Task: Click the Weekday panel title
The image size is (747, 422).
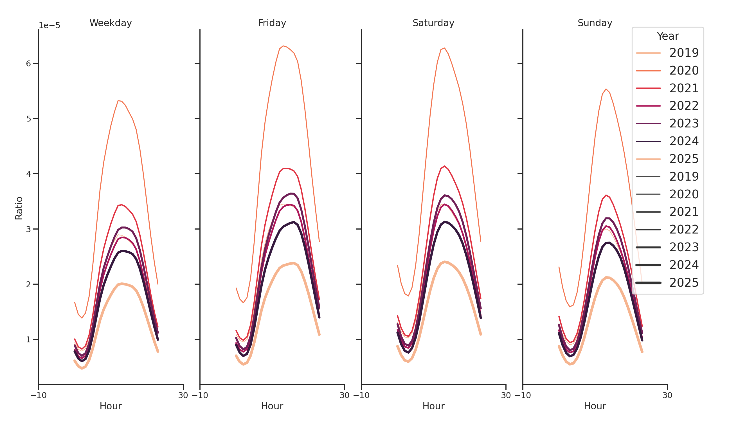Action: point(111,23)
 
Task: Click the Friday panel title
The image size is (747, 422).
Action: point(272,23)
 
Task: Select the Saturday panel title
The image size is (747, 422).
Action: point(433,23)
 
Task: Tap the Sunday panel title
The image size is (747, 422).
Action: point(595,23)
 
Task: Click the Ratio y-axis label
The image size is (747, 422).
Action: point(19,208)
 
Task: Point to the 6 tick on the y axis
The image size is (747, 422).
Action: point(28,64)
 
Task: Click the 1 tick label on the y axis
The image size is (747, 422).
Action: point(28,339)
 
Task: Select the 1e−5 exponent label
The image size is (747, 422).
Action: point(49,26)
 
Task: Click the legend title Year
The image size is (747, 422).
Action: point(667,36)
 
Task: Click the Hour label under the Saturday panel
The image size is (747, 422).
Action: point(433,406)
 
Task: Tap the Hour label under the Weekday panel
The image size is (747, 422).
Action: point(111,406)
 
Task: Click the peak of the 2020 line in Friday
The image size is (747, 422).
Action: point(283,46)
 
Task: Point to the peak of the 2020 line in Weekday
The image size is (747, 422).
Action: point(118,101)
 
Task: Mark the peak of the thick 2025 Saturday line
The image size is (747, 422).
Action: point(444,262)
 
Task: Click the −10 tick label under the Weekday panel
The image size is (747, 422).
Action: point(38,395)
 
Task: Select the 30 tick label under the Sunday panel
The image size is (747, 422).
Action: point(667,395)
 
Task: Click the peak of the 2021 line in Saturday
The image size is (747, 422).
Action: point(444,166)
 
